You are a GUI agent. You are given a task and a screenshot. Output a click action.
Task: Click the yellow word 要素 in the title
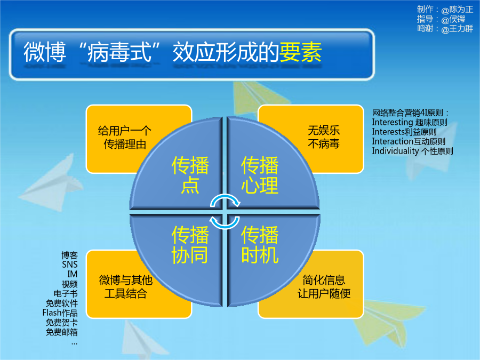[x=300, y=52]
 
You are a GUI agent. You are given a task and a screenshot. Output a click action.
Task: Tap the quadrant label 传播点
[x=190, y=175]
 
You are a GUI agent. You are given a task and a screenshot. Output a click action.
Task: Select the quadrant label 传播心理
[x=260, y=175]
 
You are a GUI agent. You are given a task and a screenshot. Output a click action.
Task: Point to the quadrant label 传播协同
[x=190, y=245]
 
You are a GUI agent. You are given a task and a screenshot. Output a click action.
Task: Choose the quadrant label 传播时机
[x=260, y=245]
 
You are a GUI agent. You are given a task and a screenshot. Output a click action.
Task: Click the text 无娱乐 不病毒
[x=324, y=137]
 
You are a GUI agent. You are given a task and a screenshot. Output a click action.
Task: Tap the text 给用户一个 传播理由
[x=125, y=138]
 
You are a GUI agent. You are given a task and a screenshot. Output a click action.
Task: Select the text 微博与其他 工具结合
[x=125, y=286]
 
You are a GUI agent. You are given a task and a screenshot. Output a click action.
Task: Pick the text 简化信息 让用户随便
[x=324, y=286]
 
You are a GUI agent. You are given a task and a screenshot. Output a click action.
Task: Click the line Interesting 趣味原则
[x=410, y=123]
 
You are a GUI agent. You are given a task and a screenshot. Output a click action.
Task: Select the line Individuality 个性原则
[x=412, y=151]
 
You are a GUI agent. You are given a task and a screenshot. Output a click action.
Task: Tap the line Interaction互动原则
[x=409, y=141]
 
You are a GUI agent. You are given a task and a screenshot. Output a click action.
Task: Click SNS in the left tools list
[x=70, y=265]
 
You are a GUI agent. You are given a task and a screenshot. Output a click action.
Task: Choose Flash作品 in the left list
[x=60, y=313]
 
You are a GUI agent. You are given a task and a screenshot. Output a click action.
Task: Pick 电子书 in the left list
[x=66, y=293]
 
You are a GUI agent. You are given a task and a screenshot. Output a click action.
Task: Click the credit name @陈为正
[x=457, y=10]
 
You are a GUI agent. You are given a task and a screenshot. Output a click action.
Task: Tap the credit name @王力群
[x=457, y=29]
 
